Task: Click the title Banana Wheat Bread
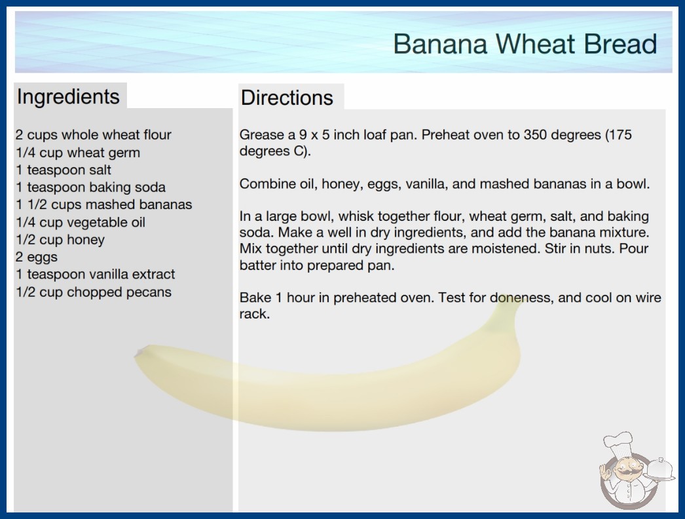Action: [525, 44]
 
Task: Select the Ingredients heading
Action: [68, 96]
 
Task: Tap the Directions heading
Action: [287, 98]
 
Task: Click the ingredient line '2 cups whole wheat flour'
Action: [94, 135]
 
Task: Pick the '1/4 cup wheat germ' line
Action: [78, 153]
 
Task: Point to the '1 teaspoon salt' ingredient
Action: [64, 170]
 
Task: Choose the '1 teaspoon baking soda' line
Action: [90, 187]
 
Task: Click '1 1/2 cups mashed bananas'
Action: [104, 204]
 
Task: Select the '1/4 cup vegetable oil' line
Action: [81, 222]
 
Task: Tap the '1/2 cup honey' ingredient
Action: [60, 240]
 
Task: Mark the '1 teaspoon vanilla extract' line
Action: [95, 274]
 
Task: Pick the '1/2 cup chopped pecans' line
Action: [94, 292]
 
